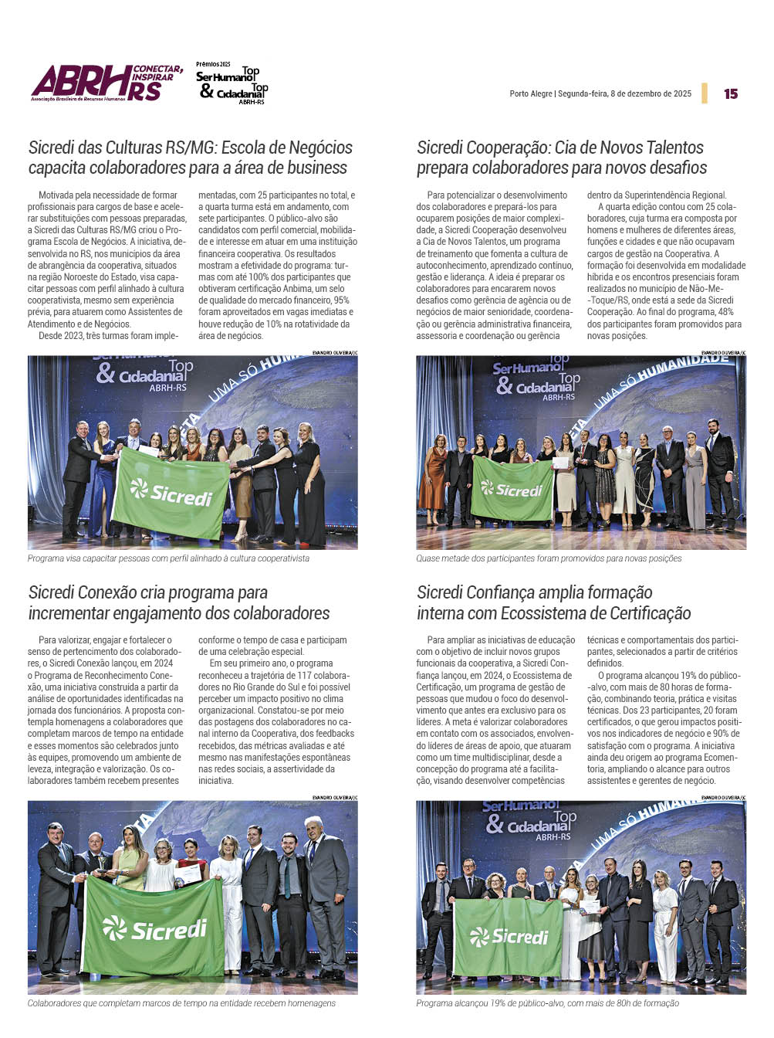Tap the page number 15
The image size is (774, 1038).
pyautogui.click(x=731, y=93)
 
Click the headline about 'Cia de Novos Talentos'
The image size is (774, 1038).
pyautogui.click(x=562, y=158)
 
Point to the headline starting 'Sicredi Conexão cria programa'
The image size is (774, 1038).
pyautogui.click(x=179, y=603)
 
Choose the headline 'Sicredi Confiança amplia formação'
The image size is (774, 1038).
pyautogui.click(x=553, y=603)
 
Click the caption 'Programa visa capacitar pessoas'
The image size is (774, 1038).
pyautogui.click(x=168, y=558)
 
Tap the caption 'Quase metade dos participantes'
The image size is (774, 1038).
pyautogui.click(x=549, y=558)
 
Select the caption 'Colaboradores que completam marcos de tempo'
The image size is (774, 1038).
pyautogui.click(x=181, y=1003)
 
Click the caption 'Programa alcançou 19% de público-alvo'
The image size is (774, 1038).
pyautogui.click(x=547, y=1003)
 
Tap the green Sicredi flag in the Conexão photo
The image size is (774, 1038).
pyautogui.click(x=154, y=927)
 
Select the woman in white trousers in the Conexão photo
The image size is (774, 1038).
pyautogui.click(x=231, y=904)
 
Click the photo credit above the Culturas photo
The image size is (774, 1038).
pyautogui.click(x=334, y=352)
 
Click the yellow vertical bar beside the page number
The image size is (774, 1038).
pyautogui.click(x=705, y=93)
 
